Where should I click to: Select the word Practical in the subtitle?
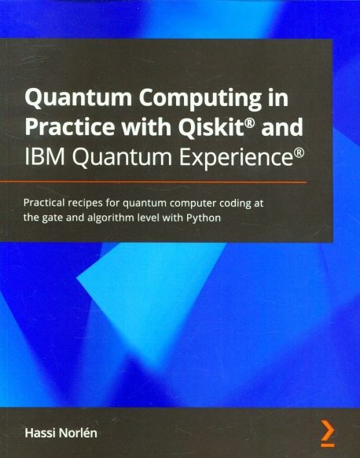tap(48, 203)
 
